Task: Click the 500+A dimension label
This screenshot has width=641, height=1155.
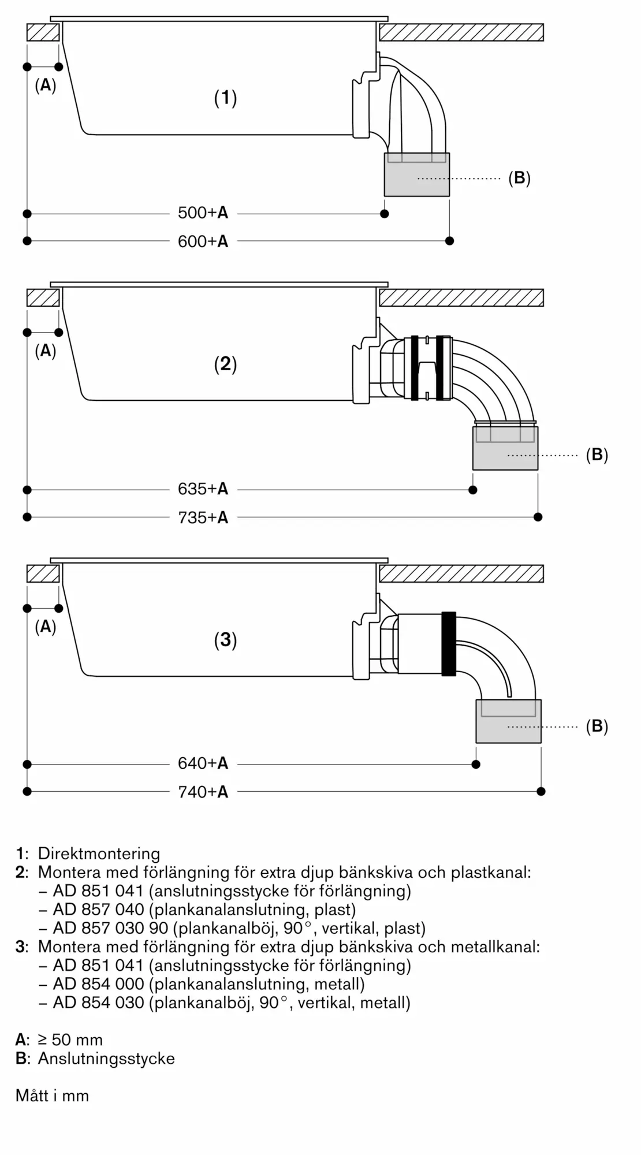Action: pos(203,213)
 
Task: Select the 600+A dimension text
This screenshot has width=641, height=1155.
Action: pos(203,241)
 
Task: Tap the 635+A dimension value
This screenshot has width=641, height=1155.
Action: pos(203,489)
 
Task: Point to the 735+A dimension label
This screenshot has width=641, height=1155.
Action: pos(203,517)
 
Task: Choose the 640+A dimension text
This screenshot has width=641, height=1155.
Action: pos(203,763)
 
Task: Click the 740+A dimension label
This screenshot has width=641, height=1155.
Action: pos(203,792)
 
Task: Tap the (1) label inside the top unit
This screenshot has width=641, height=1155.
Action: pos(225,98)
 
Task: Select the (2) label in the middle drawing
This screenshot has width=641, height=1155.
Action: pos(225,364)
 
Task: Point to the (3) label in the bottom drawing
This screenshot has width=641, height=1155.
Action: pos(225,640)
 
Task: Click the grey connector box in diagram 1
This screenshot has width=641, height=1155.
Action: pos(416,175)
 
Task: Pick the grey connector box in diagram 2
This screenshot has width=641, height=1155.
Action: pos(505,449)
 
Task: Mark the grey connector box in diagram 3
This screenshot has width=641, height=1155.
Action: pos(508,722)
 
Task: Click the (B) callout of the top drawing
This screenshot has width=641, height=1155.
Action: pos(519,178)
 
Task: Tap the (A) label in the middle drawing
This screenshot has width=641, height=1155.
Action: pos(45,351)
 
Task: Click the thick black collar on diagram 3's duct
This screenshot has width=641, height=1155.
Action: pos(449,643)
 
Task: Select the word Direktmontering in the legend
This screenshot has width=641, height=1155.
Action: pos(99,854)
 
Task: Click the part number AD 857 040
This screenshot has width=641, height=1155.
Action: pos(98,910)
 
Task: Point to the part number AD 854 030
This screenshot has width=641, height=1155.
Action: pos(98,1003)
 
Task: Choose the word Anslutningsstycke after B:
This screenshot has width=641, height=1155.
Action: pos(106,1059)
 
